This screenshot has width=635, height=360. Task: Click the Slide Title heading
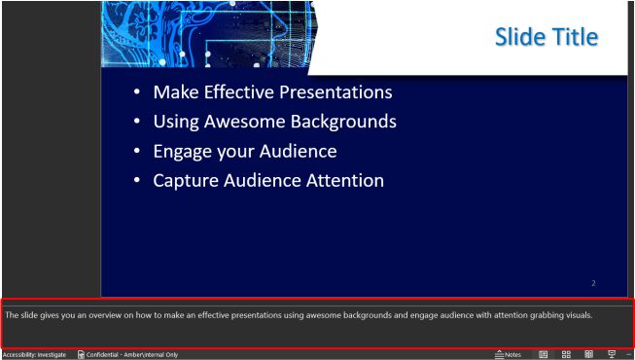pyautogui.click(x=546, y=37)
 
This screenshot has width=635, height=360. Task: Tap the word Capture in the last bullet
pyautogui.click(x=186, y=181)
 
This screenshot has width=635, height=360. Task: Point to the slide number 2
pyautogui.click(x=593, y=283)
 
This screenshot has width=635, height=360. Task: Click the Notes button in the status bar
pyautogui.click(x=509, y=354)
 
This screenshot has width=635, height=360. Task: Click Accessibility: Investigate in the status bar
pyautogui.click(x=34, y=354)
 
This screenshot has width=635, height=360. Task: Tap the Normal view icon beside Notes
pyautogui.click(x=544, y=354)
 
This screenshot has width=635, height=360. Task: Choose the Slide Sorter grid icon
pyautogui.click(x=566, y=354)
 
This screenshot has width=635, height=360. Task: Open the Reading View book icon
pyautogui.click(x=588, y=354)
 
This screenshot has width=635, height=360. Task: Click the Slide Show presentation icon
pyautogui.click(x=612, y=354)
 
